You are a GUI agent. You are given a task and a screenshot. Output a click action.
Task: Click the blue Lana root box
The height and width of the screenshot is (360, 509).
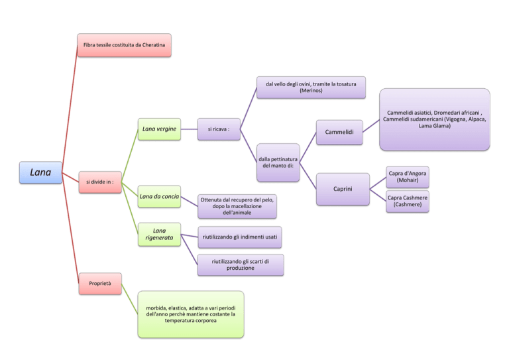(40, 172)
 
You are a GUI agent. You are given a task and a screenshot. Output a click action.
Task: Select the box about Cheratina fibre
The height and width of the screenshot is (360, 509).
(125, 45)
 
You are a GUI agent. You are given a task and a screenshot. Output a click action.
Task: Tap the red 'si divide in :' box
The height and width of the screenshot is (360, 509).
(100, 182)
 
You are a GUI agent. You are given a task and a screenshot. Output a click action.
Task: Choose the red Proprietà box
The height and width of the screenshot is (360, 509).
(100, 284)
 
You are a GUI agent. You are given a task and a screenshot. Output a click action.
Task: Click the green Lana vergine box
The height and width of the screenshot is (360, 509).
(159, 129)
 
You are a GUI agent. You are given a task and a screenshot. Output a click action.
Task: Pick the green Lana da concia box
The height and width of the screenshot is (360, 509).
(159, 196)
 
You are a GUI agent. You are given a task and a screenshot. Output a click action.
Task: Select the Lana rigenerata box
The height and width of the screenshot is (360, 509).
(159, 235)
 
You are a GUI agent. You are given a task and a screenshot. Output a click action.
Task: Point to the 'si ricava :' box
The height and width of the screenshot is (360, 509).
(219, 129)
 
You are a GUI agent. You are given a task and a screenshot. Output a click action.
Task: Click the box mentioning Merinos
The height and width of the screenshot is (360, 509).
(311, 88)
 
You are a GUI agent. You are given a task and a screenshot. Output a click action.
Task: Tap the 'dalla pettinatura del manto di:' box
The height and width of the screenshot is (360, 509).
(278, 162)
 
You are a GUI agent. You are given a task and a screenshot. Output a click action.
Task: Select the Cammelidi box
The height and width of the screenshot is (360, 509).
(339, 132)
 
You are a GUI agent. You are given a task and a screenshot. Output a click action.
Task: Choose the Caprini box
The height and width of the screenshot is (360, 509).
(343, 189)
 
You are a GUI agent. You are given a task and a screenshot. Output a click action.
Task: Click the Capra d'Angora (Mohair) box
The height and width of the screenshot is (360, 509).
(408, 177)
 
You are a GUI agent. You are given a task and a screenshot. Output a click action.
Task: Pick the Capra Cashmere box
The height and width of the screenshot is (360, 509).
(408, 202)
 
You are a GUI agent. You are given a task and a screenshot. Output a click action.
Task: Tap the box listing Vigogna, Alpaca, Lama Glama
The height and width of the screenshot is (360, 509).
(435, 119)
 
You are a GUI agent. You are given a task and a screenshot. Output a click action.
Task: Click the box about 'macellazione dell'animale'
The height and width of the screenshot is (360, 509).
(237, 206)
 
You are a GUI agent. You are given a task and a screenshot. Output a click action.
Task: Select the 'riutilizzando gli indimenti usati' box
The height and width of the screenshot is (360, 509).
(239, 237)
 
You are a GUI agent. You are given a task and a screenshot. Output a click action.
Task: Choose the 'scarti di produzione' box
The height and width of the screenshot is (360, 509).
(241, 265)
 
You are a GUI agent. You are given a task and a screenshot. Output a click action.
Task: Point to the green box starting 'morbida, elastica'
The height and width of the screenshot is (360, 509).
(191, 314)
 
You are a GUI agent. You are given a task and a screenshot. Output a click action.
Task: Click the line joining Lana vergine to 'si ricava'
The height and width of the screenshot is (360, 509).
(189, 129)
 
